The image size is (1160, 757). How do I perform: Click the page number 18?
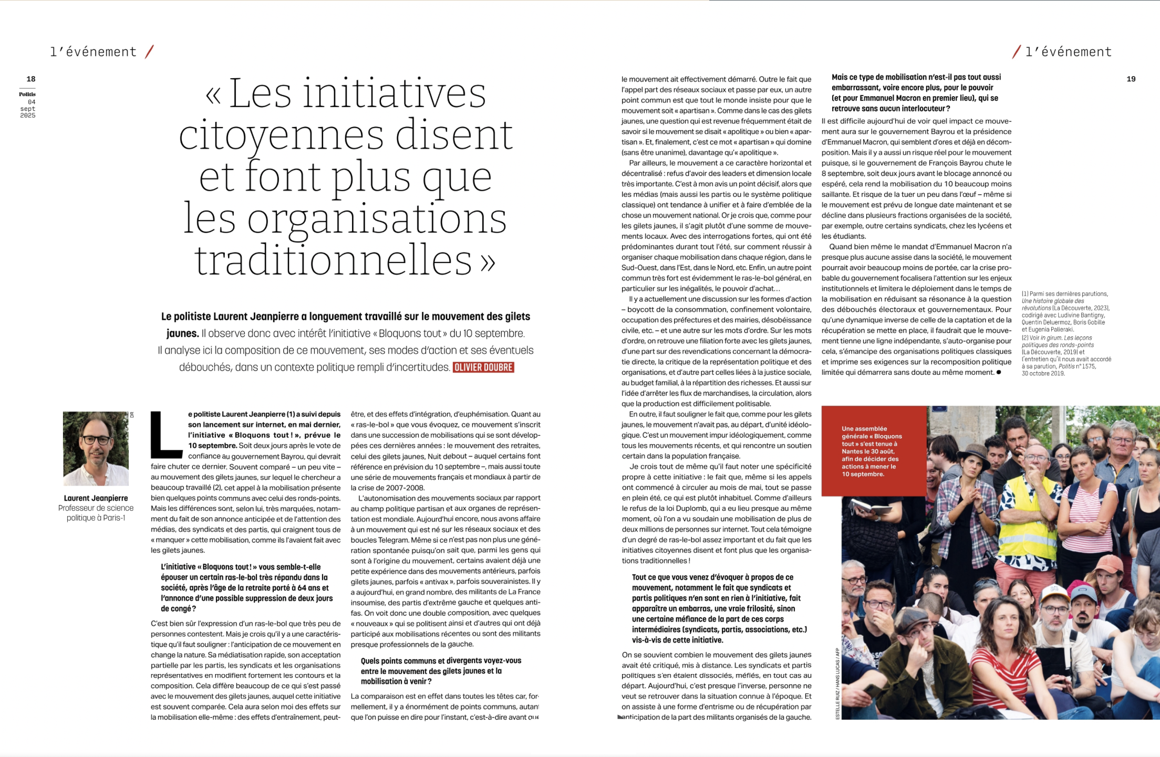click(x=31, y=79)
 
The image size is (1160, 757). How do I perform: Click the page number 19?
click(x=1131, y=79)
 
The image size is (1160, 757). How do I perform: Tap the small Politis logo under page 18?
click(x=27, y=94)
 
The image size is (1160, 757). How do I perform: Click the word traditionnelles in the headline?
click(x=333, y=261)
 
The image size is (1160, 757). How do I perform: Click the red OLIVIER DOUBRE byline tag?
click(x=483, y=367)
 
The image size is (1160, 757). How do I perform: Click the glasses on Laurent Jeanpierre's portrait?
click(x=96, y=440)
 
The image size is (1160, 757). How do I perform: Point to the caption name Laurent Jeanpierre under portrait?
click(x=96, y=498)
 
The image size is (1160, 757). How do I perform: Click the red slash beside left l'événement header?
click(x=150, y=51)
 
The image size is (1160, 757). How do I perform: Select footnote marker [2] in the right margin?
click(x=1025, y=338)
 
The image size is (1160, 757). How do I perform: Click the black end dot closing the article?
click(x=999, y=373)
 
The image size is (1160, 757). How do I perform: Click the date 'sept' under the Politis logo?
click(x=28, y=109)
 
